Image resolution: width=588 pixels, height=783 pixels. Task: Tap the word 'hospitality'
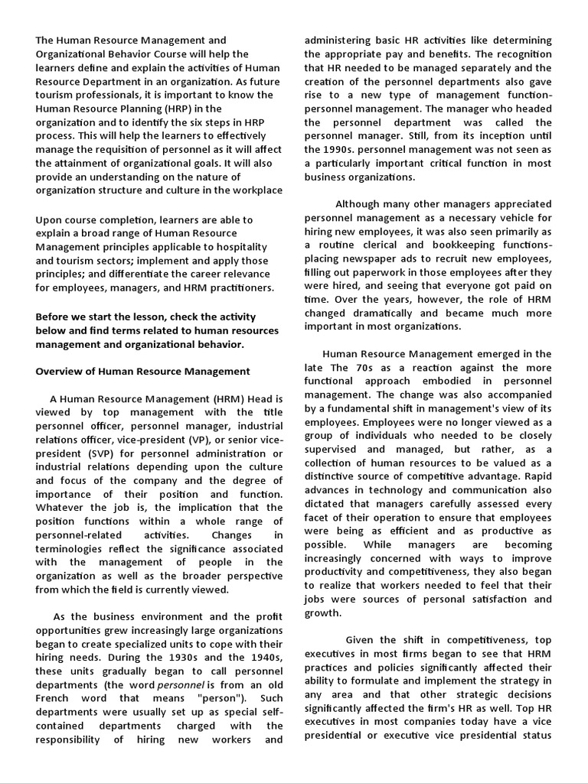239,247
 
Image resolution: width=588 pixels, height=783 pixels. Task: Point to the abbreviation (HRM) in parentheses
220,399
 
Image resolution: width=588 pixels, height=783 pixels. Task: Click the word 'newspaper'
372,258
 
